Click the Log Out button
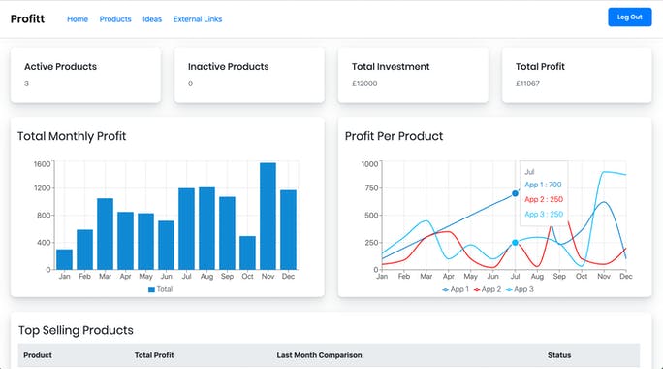pyautogui.click(x=629, y=17)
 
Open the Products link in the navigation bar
pyautogui.click(x=115, y=19)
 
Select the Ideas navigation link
pyautogui.click(x=152, y=19)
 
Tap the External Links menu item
pyautogui.click(x=197, y=19)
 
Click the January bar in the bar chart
pyautogui.click(x=64, y=259)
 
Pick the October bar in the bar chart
pyautogui.click(x=247, y=252)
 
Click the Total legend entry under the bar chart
pyautogui.click(x=161, y=289)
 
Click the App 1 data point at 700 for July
pyautogui.click(x=515, y=194)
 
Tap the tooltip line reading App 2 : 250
pyautogui.click(x=543, y=199)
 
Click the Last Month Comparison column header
pyautogui.click(x=319, y=355)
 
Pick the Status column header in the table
pyautogui.click(x=560, y=355)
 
